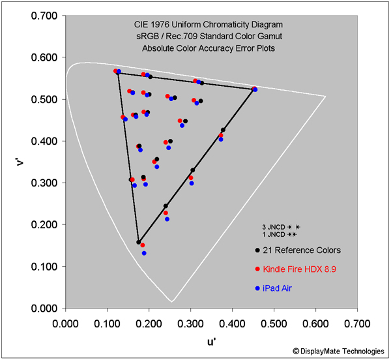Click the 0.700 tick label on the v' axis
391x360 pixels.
click(x=44, y=15)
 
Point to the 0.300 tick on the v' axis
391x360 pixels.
click(x=65, y=183)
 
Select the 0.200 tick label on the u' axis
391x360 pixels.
click(x=149, y=322)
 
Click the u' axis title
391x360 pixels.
click(x=211, y=340)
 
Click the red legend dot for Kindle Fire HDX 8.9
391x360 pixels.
click(x=258, y=269)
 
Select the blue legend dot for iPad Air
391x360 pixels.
click(x=258, y=288)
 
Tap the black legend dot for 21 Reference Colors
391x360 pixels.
click(x=258, y=250)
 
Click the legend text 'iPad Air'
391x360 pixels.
click(x=278, y=288)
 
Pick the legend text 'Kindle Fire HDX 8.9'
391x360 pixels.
click(x=299, y=269)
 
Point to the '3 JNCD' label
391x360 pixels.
click(x=274, y=226)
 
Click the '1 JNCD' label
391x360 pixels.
click(x=274, y=233)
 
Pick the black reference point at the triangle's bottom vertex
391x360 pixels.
click(x=138, y=242)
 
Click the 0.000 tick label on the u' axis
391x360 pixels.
click(x=65, y=322)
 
